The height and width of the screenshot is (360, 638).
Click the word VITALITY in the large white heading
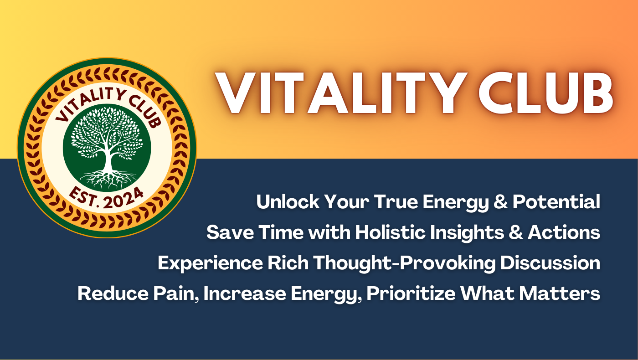tap(341, 93)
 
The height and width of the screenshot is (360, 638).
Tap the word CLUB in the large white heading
tap(546, 93)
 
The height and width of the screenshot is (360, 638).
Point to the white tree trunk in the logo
tap(108, 160)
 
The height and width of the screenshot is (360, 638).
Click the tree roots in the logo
tap(108, 180)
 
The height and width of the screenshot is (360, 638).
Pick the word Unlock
tap(288, 202)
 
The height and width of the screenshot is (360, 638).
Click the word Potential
tap(556, 202)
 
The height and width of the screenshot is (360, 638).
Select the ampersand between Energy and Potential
tap(501, 202)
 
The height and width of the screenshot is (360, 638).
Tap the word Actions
tap(564, 232)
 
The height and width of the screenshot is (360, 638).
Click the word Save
tap(230, 232)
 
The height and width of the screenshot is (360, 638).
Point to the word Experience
tap(210, 263)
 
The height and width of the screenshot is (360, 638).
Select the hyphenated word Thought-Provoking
tap(405, 263)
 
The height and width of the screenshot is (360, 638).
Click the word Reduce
tap(113, 293)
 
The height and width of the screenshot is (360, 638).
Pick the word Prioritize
tap(411, 293)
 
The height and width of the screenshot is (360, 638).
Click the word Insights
tap(467, 233)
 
